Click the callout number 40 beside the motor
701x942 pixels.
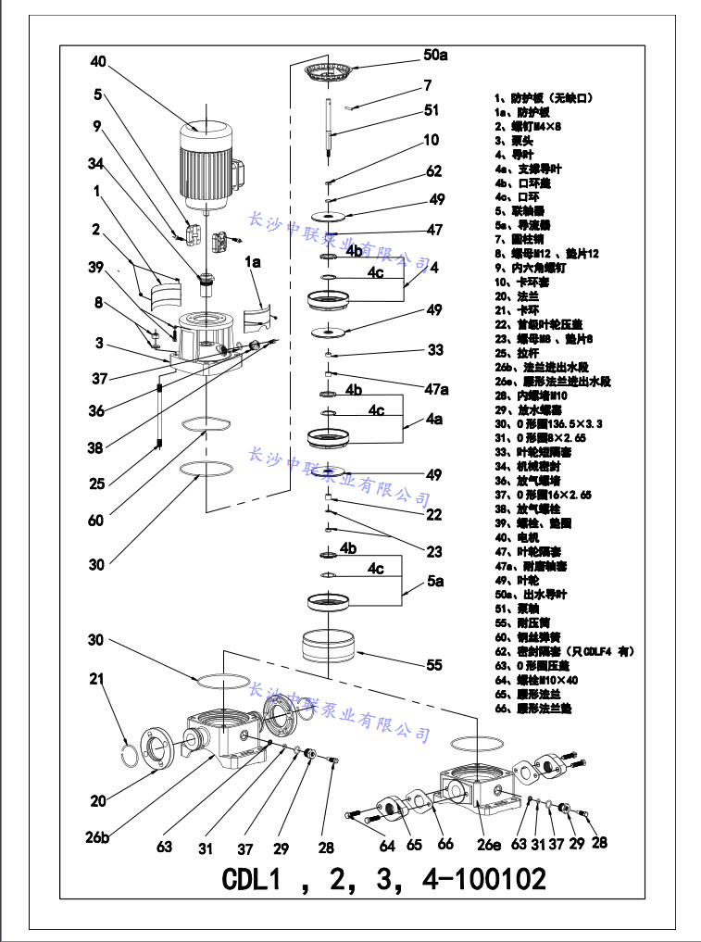tap(99, 62)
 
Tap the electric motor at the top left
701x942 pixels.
tap(207, 162)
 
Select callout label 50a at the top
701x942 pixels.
tap(435, 56)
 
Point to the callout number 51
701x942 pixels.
tap(432, 110)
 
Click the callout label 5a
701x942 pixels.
tap(435, 581)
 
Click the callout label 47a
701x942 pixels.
tap(437, 389)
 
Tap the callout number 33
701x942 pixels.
tap(436, 350)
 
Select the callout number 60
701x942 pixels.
tap(96, 521)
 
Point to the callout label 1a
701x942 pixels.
tap(254, 263)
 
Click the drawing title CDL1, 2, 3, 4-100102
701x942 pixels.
tap(384, 878)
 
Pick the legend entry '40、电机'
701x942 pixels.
tap(513, 537)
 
